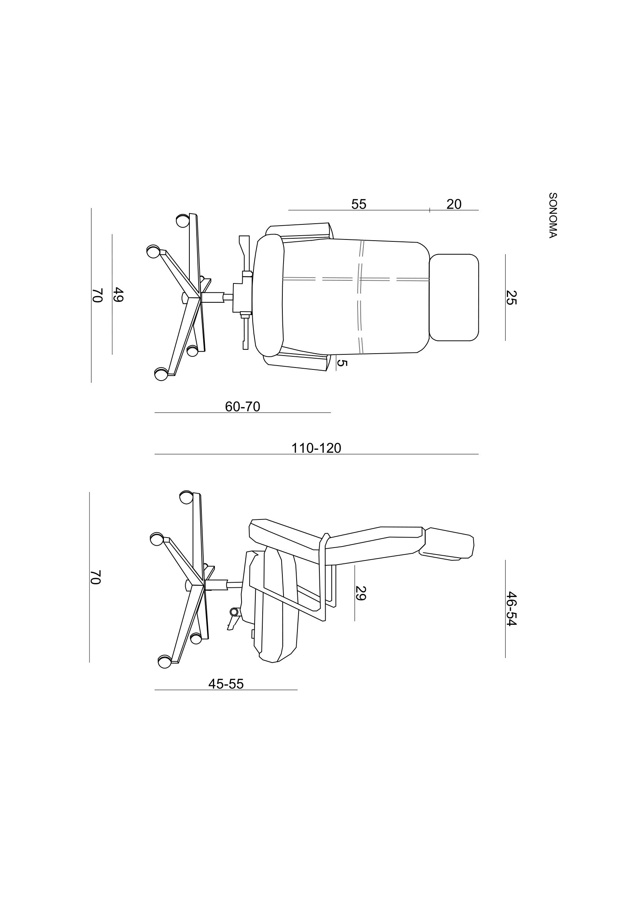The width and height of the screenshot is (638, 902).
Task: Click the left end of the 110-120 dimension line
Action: click(155, 454)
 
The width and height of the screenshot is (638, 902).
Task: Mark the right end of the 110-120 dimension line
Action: click(478, 454)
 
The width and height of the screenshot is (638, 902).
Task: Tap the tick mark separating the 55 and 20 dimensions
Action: click(430, 210)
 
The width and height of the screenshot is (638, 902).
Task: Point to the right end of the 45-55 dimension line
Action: click(297, 690)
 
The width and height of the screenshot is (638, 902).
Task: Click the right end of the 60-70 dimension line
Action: click(331, 413)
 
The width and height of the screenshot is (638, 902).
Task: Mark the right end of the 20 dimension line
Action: click(478, 210)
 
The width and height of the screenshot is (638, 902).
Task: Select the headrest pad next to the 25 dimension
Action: click(454, 297)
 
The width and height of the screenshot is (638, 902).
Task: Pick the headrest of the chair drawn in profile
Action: click(447, 543)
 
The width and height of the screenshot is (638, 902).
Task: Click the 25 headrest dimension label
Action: click(511, 297)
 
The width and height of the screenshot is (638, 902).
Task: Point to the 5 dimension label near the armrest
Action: click(342, 363)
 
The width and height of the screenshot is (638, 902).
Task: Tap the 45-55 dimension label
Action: click(226, 684)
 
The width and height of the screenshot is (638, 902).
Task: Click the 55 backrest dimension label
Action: click(359, 204)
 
